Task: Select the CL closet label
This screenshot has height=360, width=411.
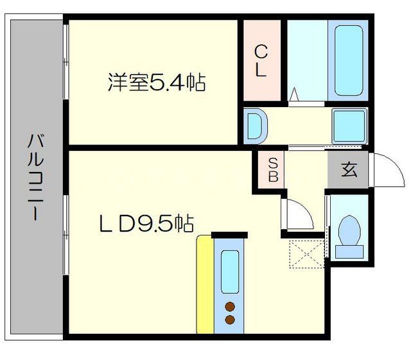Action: [x=261, y=61]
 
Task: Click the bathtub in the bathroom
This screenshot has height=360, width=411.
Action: [x=347, y=59]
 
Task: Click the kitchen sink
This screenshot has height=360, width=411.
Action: [x=230, y=270]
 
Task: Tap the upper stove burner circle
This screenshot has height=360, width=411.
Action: [x=230, y=306]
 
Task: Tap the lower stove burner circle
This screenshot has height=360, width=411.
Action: [x=230, y=319]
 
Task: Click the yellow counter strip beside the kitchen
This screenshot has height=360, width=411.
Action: [x=204, y=286]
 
